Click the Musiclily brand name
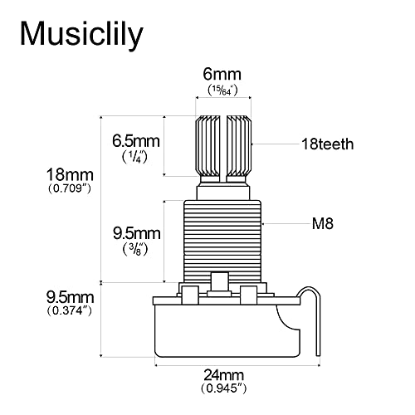point(81,34)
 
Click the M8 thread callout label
point(323,223)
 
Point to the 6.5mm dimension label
point(134,139)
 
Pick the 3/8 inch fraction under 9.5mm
point(134,247)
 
